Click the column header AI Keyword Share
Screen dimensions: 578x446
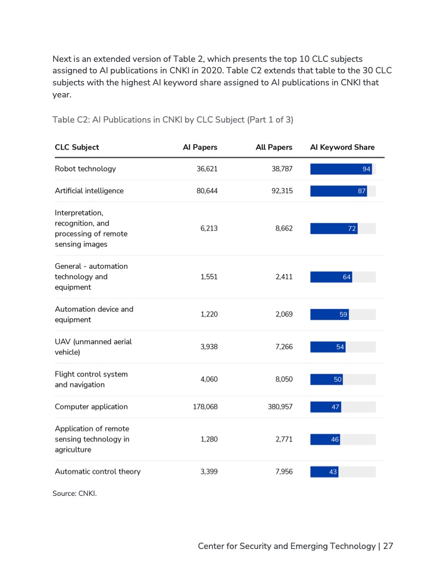pyautogui.click(x=342, y=147)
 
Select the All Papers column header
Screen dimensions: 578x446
pyautogui.click(x=274, y=147)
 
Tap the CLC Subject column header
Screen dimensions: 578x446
pyautogui.click(x=77, y=147)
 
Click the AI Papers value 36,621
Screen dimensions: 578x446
pyautogui.click(x=207, y=169)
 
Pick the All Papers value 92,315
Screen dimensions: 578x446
pyautogui.click(x=282, y=191)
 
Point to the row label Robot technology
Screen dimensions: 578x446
pyautogui.click(x=85, y=169)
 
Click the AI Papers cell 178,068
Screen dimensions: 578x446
pyautogui.click(x=205, y=407)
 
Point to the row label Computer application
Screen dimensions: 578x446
pyautogui.click(x=91, y=407)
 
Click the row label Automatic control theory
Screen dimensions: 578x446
pyautogui.click(x=98, y=471)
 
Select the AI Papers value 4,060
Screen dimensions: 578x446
pyautogui.click(x=209, y=379)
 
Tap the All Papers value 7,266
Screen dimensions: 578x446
pyautogui.click(x=284, y=347)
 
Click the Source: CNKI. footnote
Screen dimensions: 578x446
pyautogui.click(x=74, y=494)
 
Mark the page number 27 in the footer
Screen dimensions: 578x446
pyautogui.click(x=388, y=546)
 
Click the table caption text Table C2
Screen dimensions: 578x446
pyautogui.click(x=68, y=119)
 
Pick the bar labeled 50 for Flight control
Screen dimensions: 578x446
pyautogui.click(x=327, y=379)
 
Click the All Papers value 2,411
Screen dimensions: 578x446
pyautogui.click(x=284, y=277)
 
